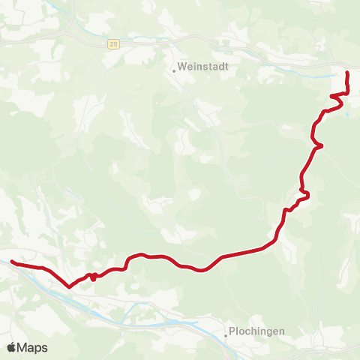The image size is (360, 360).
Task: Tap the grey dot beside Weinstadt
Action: point(174,71)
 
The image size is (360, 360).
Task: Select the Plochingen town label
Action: point(256,331)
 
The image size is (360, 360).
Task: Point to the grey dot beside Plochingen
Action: point(226,336)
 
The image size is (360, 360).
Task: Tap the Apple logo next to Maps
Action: point(11,347)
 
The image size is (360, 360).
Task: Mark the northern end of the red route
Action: point(346,73)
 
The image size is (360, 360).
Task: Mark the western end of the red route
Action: point(12,262)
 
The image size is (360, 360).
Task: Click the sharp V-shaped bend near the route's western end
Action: point(69,286)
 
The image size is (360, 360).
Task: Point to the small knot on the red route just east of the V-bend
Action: point(91,276)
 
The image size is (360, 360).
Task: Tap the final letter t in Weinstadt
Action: point(226,66)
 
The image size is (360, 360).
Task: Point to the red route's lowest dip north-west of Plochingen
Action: point(201,271)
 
